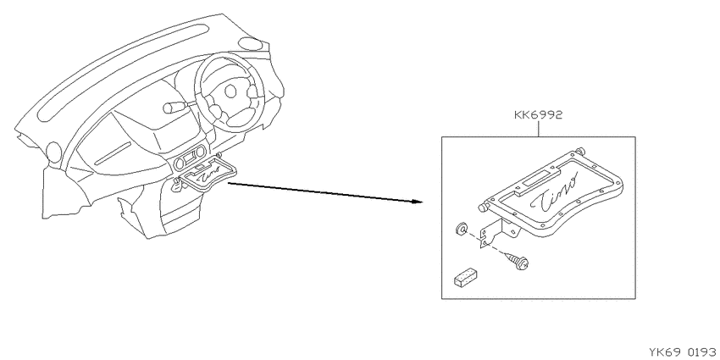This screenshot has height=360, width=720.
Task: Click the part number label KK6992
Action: (x=538, y=115)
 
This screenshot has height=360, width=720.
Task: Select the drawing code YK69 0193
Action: (x=684, y=352)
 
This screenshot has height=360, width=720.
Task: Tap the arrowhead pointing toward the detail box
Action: (x=416, y=201)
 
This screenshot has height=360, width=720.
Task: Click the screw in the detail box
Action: (x=517, y=261)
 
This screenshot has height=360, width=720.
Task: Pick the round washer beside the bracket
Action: (x=462, y=228)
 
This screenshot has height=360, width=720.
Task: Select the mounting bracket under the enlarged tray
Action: (x=498, y=232)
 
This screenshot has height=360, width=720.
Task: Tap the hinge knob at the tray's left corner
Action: (x=483, y=208)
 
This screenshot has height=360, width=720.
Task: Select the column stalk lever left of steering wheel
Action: (x=177, y=107)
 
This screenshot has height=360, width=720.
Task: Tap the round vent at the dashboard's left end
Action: (x=53, y=152)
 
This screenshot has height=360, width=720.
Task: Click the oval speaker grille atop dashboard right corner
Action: (x=251, y=45)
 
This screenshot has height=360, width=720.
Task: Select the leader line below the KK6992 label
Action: (x=538, y=129)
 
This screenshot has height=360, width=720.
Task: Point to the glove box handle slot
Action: (x=113, y=153)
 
